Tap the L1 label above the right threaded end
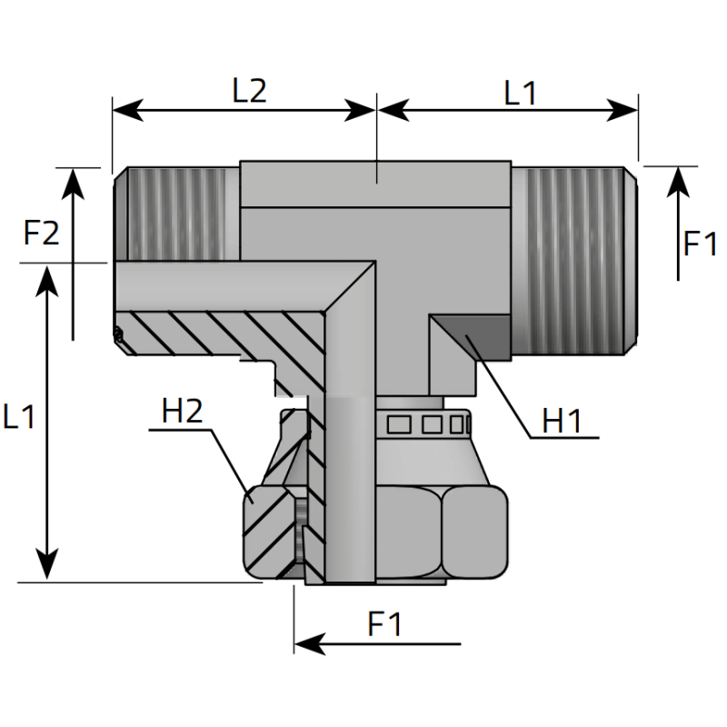[x=521, y=92]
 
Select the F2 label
[x=42, y=234]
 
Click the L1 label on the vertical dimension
[x=19, y=417]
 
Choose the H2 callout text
[x=182, y=412]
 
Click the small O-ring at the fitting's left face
[x=118, y=335]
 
